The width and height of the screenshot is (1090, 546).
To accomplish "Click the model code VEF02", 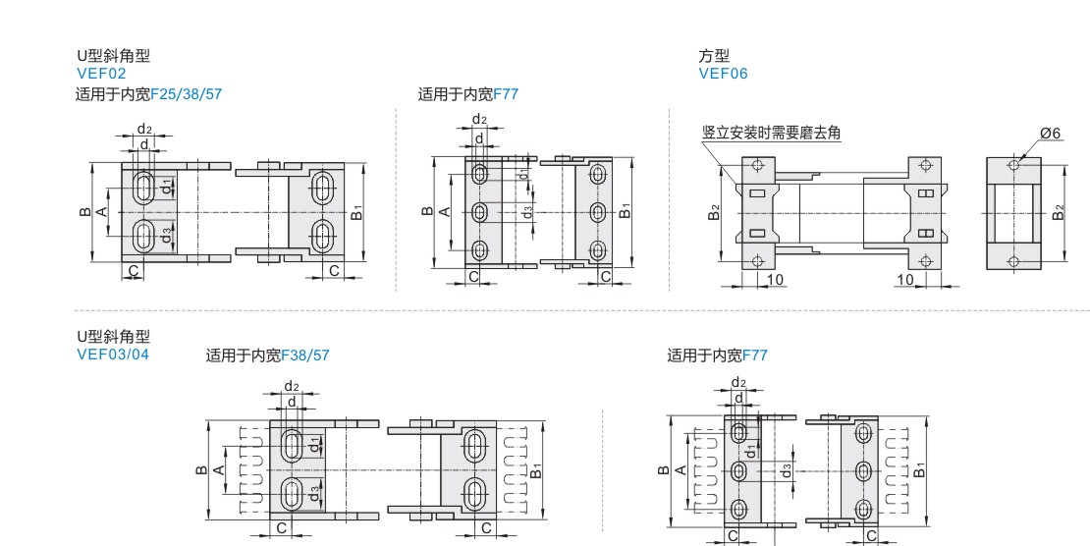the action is [x=101, y=74].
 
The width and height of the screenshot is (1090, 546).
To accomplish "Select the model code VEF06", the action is [x=723, y=74].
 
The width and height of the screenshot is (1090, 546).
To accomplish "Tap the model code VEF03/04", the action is [x=113, y=355].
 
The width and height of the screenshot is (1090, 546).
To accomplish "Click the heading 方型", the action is [x=714, y=56].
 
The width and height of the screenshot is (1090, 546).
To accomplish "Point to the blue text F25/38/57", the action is [x=187, y=94].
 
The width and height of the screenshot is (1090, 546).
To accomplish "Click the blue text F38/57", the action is [x=305, y=355].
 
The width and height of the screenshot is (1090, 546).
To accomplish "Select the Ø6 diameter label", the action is [x=1051, y=133].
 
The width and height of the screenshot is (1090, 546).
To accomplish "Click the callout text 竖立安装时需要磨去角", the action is [x=772, y=133].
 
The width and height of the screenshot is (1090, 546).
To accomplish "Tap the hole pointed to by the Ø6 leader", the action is [x=1013, y=165].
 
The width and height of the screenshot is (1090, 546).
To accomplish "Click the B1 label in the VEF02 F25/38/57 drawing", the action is [x=356, y=212].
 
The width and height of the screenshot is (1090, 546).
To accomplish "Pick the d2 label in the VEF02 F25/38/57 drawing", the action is [x=144, y=129].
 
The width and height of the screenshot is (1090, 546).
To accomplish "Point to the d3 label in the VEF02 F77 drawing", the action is [x=528, y=211].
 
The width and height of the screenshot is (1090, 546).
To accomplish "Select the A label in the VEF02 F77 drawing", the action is [x=446, y=211].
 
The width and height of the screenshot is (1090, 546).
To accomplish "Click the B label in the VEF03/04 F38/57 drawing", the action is [x=201, y=470].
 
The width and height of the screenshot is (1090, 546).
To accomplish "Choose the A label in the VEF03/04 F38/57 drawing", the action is [x=219, y=470].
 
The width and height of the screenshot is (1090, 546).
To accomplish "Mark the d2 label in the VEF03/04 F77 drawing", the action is [x=738, y=383].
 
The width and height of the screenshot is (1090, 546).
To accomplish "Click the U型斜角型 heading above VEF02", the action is [x=113, y=56].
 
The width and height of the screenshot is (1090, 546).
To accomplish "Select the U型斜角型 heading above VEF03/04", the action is [x=113, y=337].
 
